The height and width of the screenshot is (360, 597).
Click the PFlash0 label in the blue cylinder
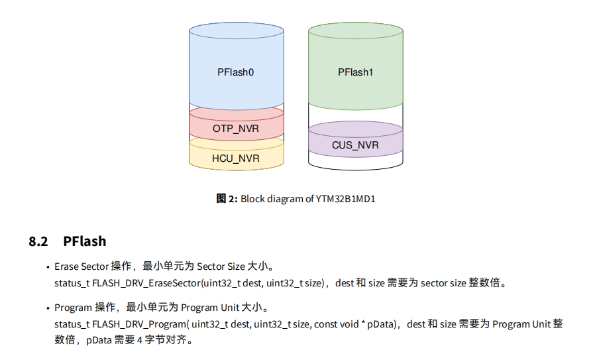pos(236,72)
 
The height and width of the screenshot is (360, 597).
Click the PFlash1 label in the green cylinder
pos(356,72)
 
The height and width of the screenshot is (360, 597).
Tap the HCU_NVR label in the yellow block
pos(236,158)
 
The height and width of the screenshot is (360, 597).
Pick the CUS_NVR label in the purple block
pos(356,145)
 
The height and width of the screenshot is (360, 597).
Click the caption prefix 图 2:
pos(227,198)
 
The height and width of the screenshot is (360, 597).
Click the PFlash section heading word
pos(85,241)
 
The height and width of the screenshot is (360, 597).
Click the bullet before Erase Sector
pos(48,267)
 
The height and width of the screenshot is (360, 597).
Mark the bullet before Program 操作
pos(48,308)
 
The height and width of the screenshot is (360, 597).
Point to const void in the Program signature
pos(337,324)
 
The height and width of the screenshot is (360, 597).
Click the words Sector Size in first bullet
pos(221,267)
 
